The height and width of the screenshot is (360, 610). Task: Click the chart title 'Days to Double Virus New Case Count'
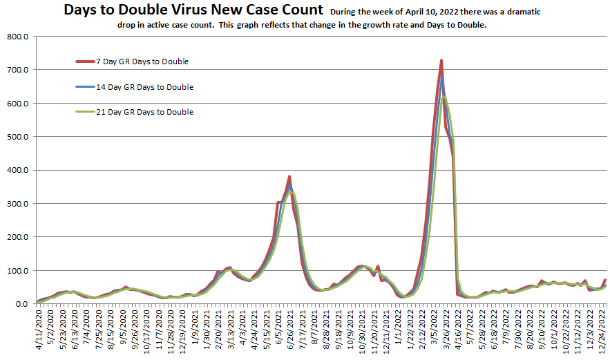click(193, 10)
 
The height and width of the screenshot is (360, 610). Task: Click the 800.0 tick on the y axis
click(16, 36)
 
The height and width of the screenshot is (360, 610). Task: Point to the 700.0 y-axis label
click(16, 70)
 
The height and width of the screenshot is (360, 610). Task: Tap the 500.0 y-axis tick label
click(16, 137)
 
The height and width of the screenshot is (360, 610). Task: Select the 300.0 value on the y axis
click(16, 204)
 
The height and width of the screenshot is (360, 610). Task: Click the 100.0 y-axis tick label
click(16, 271)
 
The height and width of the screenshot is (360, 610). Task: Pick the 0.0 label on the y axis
click(21, 304)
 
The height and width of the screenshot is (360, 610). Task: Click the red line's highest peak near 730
click(441, 60)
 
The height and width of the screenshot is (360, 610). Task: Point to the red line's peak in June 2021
click(289, 176)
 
